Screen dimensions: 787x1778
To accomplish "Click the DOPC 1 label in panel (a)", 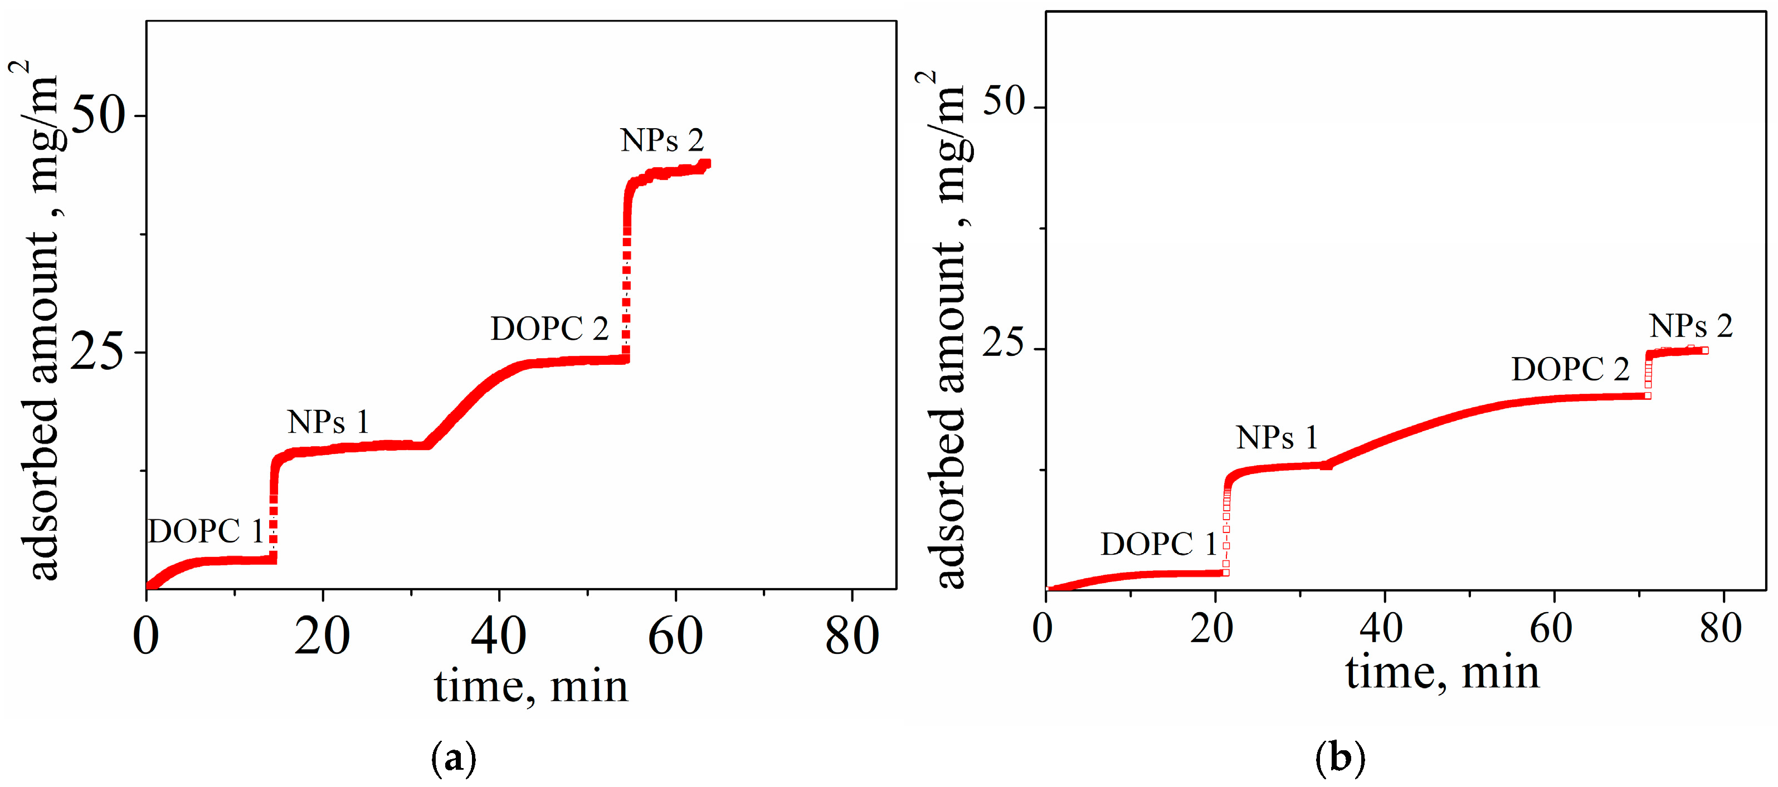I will [x=206, y=532].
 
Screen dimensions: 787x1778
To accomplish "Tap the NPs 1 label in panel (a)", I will [x=328, y=422].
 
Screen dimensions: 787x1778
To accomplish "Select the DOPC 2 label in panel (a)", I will [x=549, y=329].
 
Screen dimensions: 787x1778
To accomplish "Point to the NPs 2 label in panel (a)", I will [x=661, y=141].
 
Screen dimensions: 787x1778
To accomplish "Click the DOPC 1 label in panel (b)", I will [x=1158, y=544].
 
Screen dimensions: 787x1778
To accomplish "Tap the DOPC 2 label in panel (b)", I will [x=1570, y=370].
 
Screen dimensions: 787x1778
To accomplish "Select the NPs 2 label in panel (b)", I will [x=1691, y=326].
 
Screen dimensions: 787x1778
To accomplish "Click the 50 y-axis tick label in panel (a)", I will [x=99, y=115].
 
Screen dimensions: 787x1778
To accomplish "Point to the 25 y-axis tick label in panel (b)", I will [x=1003, y=343].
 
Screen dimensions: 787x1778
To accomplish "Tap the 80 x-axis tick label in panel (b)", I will [x=1720, y=628].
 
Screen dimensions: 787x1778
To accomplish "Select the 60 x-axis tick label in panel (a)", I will [x=675, y=636].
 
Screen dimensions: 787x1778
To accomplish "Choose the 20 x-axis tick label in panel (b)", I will [x=1211, y=628].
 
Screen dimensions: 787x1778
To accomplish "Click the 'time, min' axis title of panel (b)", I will [x=1442, y=672].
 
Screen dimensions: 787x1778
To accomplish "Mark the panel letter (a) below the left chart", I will [x=454, y=758].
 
